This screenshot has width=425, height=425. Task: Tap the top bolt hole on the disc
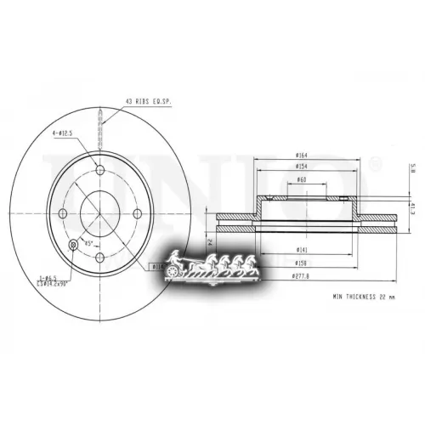click(100, 171)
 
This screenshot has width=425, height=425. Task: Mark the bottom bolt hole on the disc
click(100, 257)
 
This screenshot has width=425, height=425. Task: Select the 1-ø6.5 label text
click(49, 277)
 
